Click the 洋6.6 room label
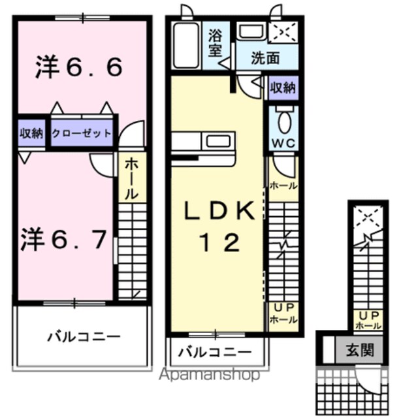click(79, 67)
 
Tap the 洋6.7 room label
click(64, 239)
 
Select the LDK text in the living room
click(219, 210)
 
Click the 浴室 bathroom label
click(215, 43)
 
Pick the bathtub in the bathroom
click(185, 45)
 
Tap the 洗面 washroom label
click(265, 58)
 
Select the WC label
click(283, 144)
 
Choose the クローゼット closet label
click(81, 133)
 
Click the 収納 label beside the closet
click(31, 133)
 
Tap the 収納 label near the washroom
click(283, 88)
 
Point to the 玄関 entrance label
click(360, 350)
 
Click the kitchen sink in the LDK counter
click(218, 142)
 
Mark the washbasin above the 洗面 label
click(251, 32)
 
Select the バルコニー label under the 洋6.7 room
click(84, 337)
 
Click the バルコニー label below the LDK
click(215, 353)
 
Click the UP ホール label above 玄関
click(368, 321)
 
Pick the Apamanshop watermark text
click(210, 374)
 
